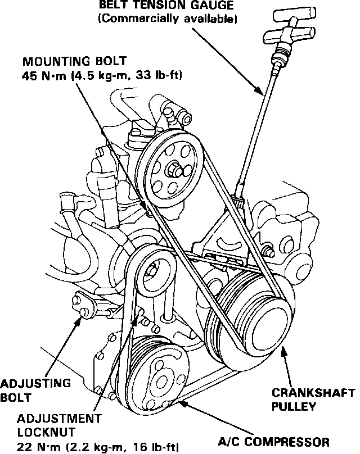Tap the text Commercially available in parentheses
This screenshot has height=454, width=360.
[x=167, y=19]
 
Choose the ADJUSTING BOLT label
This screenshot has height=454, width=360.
[x=34, y=390]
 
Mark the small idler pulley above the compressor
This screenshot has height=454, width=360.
[x=154, y=271]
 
